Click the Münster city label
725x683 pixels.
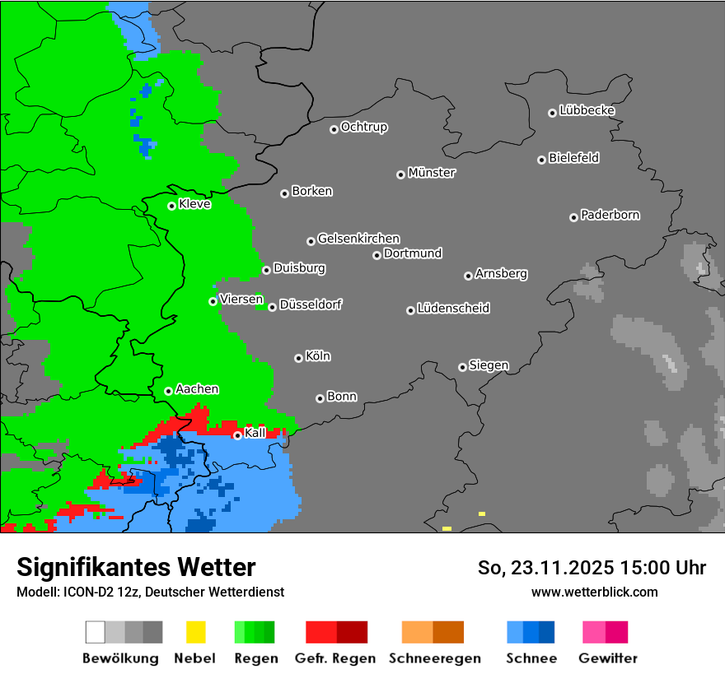pyautogui.click(x=432, y=173)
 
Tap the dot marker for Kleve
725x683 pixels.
pyautogui.click(x=171, y=206)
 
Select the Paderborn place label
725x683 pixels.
pyautogui.click(x=610, y=215)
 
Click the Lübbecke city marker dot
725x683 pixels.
pyautogui.click(x=552, y=113)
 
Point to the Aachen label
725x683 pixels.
pyautogui.click(x=197, y=388)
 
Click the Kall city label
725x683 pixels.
pyautogui.click(x=255, y=433)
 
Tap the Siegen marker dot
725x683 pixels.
pyautogui.click(x=462, y=367)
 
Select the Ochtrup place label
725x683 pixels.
pyautogui.click(x=364, y=127)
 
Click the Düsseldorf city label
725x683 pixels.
pyautogui.click(x=311, y=304)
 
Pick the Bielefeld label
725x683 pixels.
pyautogui.click(x=573, y=157)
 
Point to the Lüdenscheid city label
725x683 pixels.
pyautogui.click(x=453, y=308)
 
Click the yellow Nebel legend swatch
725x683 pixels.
pyautogui.click(x=195, y=632)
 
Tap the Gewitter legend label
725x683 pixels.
pyautogui.click(x=608, y=658)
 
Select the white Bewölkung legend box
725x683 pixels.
pyautogui.click(x=96, y=632)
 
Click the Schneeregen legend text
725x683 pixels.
pyautogui.click(x=435, y=658)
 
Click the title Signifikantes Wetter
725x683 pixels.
pyautogui.click(x=136, y=567)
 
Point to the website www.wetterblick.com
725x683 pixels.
pyautogui.click(x=594, y=592)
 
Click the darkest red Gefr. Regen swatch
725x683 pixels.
pyautogui.click(x=352, y=632)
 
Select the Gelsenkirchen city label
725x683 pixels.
pyautogui.click(x=358, y=239)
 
